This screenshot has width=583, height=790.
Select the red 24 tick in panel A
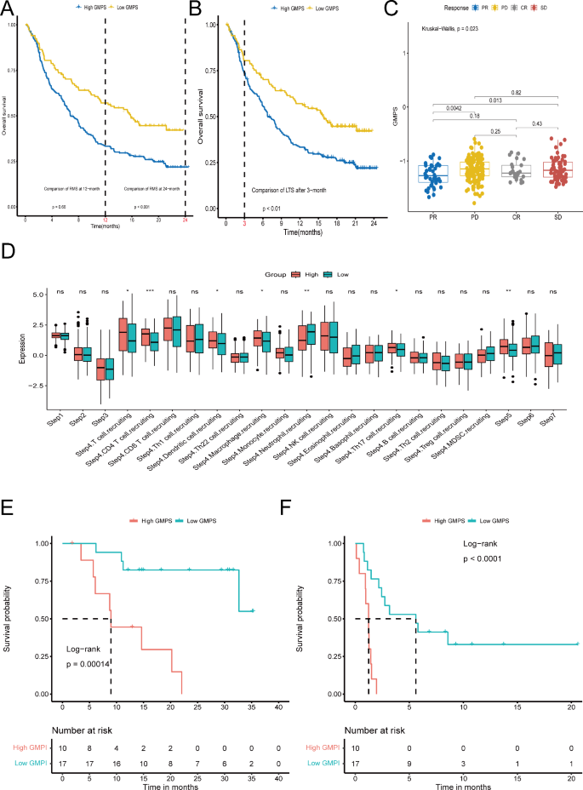(x=185, y=220)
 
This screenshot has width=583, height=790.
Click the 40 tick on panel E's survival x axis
(x=279, y=707)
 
